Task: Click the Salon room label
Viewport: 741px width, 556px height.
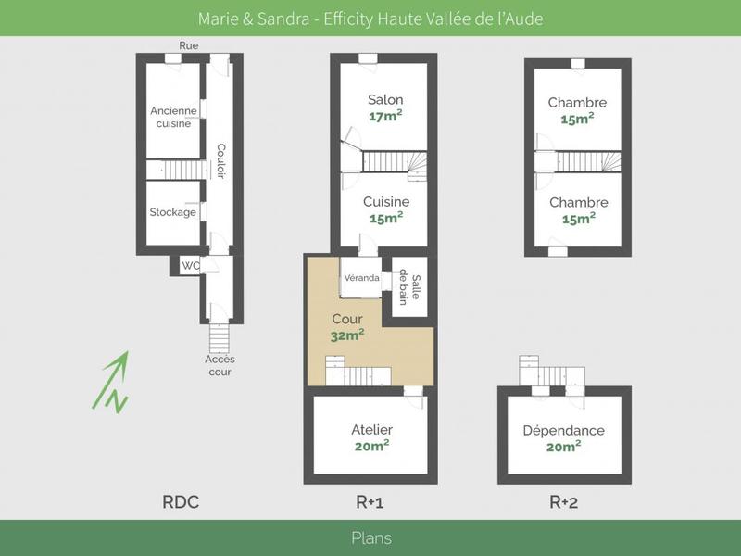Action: pyautogui.click(x=385, y=100)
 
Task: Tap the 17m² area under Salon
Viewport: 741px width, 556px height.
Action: pyautogui.click(x=385, y=117)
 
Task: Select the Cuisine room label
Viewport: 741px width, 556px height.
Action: pyautogui.click(x=386, y=202)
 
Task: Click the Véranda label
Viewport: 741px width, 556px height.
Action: pyautogui.click(x=361, y=278)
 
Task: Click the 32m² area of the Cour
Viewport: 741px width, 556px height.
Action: pyautogui.click(x=347, y=336)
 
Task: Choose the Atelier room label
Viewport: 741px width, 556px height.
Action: pyautogui.click(x=371, y=430)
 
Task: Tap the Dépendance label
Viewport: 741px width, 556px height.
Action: pyautogui.click(x=563, y=430)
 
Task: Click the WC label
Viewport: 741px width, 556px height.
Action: pyautogui.click(x=191, y=266)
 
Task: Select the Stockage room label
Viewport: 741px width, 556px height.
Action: pyautogui.click(x=173, y=212)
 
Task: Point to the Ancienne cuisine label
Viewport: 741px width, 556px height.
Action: pyautogui.click(x=173, y=117)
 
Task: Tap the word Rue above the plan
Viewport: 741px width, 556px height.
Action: pyautogui.click(x=189, y=45)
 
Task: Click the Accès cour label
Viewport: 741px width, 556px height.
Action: pyautogui.click(x=219, y=365)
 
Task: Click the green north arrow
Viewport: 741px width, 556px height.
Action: pyautogui.click(x=112, y=380)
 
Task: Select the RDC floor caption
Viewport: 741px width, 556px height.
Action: pyautogui.click(x=181, y=503)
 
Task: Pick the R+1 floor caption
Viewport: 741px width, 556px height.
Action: pyautogui.click(x=371, y=503)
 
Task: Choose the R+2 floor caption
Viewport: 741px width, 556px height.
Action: pyautogui.click(x=563, y=503)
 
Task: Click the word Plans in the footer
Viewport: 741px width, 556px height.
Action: pyautogui.click(x=370, y=538)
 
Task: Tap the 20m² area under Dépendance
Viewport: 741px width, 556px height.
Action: pyautogui.click(x=563, y=447)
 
